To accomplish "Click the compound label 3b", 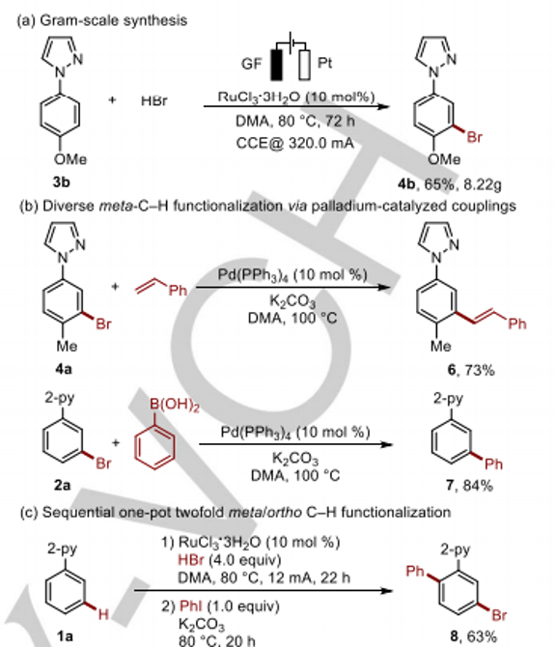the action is [61, 182].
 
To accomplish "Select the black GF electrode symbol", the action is [277, 65].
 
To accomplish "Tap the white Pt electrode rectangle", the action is [305, 65].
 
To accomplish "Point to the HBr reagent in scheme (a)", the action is [154, 100].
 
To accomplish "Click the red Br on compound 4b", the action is [474, 137].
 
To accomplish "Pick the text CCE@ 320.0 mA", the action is [294, 143].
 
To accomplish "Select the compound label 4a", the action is [64, 369].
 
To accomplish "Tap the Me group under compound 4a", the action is [67, 346].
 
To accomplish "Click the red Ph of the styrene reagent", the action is [178, 291].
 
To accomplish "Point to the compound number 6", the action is [452, 370].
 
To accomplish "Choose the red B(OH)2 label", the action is [175, 405].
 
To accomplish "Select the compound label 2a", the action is [63, 485].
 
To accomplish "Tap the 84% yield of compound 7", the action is [478, 485].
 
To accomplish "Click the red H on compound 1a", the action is [103, 614].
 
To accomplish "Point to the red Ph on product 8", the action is [415, 571].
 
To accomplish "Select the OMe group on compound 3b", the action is [70, 159].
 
